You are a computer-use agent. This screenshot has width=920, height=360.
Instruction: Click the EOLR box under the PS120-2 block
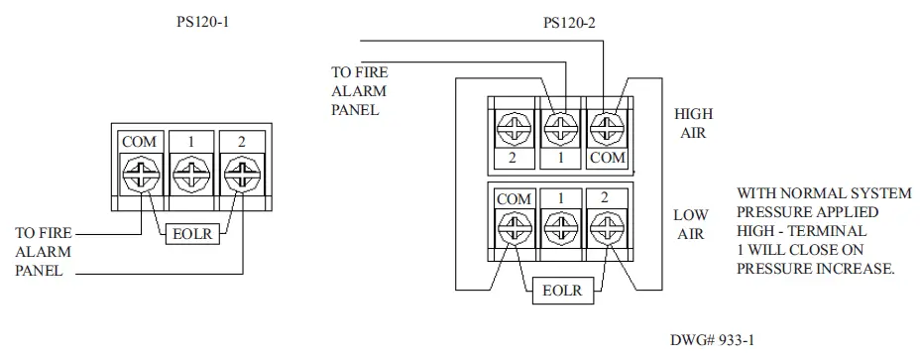point(561,292)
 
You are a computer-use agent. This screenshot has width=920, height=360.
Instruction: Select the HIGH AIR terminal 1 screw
point(561,128)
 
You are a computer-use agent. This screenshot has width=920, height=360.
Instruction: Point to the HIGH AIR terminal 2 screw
point(513,128)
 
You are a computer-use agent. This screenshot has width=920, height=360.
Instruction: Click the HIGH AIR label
point(693,123)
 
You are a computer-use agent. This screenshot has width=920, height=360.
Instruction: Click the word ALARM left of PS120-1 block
point(38,251)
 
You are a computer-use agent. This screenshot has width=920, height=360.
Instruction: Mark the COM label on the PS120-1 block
point(139,142)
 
